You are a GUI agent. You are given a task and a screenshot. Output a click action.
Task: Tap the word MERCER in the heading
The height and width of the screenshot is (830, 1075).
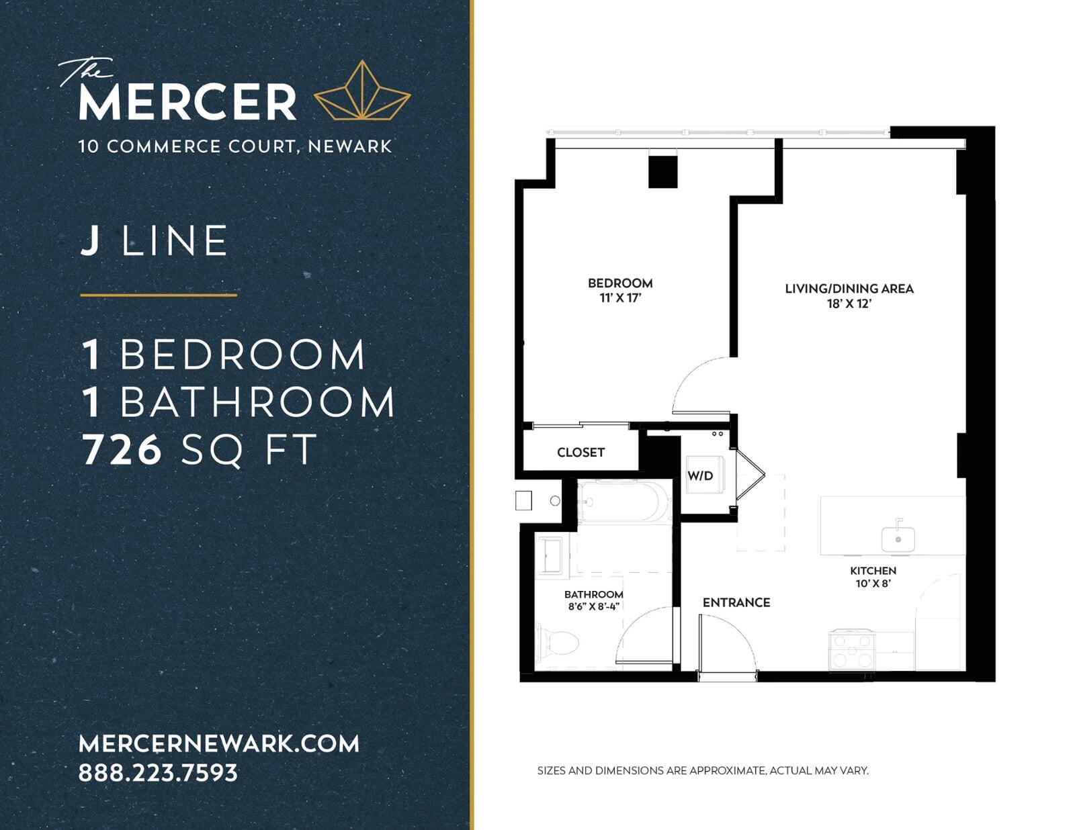point(187,102)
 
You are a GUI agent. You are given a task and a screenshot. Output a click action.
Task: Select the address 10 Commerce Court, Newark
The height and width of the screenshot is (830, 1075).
point(235,146)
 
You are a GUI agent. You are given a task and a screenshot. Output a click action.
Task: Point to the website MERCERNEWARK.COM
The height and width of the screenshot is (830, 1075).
point(218,743)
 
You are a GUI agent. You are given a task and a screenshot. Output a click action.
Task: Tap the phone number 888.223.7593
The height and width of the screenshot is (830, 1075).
point(158,773)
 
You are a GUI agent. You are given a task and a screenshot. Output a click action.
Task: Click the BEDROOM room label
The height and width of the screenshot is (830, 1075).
point(620,283)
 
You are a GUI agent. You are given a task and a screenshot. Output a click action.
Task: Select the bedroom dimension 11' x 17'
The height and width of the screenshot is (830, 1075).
point(620,297)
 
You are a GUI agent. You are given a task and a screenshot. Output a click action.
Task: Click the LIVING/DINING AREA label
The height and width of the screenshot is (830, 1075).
point(849,289)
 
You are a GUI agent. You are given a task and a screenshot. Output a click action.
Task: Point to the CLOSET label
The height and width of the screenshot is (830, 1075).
point(580,453)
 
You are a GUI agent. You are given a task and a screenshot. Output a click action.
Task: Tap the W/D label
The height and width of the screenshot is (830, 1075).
point(700,475)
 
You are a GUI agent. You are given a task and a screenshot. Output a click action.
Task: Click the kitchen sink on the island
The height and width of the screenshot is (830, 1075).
point(898,536)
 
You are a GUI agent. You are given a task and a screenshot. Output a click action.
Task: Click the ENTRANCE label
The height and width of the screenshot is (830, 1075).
point(736,602)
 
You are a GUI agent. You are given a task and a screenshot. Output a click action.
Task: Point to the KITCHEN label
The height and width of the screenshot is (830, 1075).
point(873,571)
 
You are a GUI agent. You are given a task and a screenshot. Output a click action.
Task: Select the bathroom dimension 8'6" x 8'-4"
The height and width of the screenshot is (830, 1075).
point(594,606)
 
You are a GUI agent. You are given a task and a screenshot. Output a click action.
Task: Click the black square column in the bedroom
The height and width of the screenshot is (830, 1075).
point(662,171)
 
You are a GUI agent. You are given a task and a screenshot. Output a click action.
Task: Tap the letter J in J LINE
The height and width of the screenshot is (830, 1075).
point(89,241)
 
